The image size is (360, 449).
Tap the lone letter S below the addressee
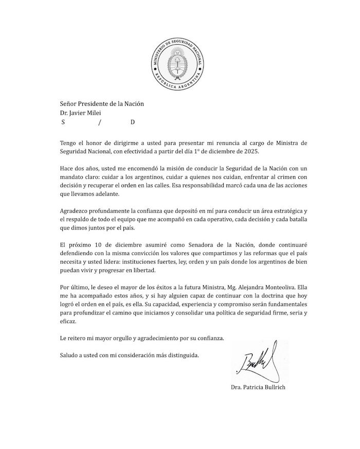pos(63,122)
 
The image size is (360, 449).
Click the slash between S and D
pos(100,122)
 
